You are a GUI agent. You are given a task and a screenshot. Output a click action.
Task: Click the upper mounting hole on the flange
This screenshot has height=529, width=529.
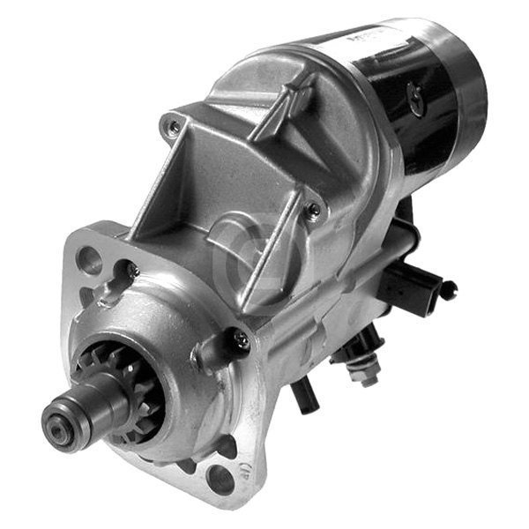point(89,257)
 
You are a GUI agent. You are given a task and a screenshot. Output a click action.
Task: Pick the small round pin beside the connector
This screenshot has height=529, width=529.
point(450,287)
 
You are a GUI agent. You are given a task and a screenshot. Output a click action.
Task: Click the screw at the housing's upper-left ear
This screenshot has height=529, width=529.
point(175,127)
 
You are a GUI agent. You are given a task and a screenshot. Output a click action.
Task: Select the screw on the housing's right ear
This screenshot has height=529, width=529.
point(312,210)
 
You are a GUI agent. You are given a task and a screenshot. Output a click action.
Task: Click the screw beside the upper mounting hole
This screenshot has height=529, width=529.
point(131,269)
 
